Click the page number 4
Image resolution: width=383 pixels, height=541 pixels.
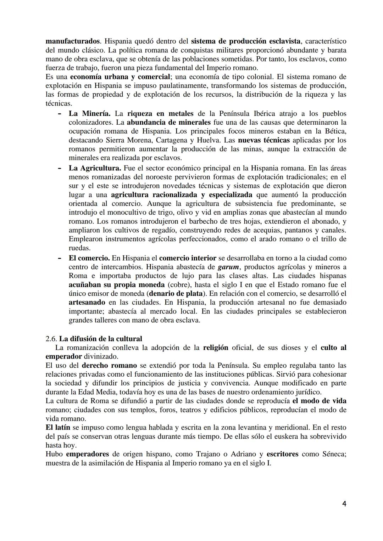tap(344, 504)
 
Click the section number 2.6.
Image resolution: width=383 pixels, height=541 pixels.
tap(51, 338)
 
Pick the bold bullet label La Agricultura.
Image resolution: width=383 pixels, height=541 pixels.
tap(95, 168)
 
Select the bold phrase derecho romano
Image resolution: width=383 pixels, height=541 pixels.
tap(109, 365)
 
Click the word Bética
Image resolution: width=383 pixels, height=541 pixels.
tap(334, 131)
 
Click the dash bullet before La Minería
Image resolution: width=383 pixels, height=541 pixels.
tap(60, 113)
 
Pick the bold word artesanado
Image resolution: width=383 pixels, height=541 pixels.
tap(87, 302)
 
